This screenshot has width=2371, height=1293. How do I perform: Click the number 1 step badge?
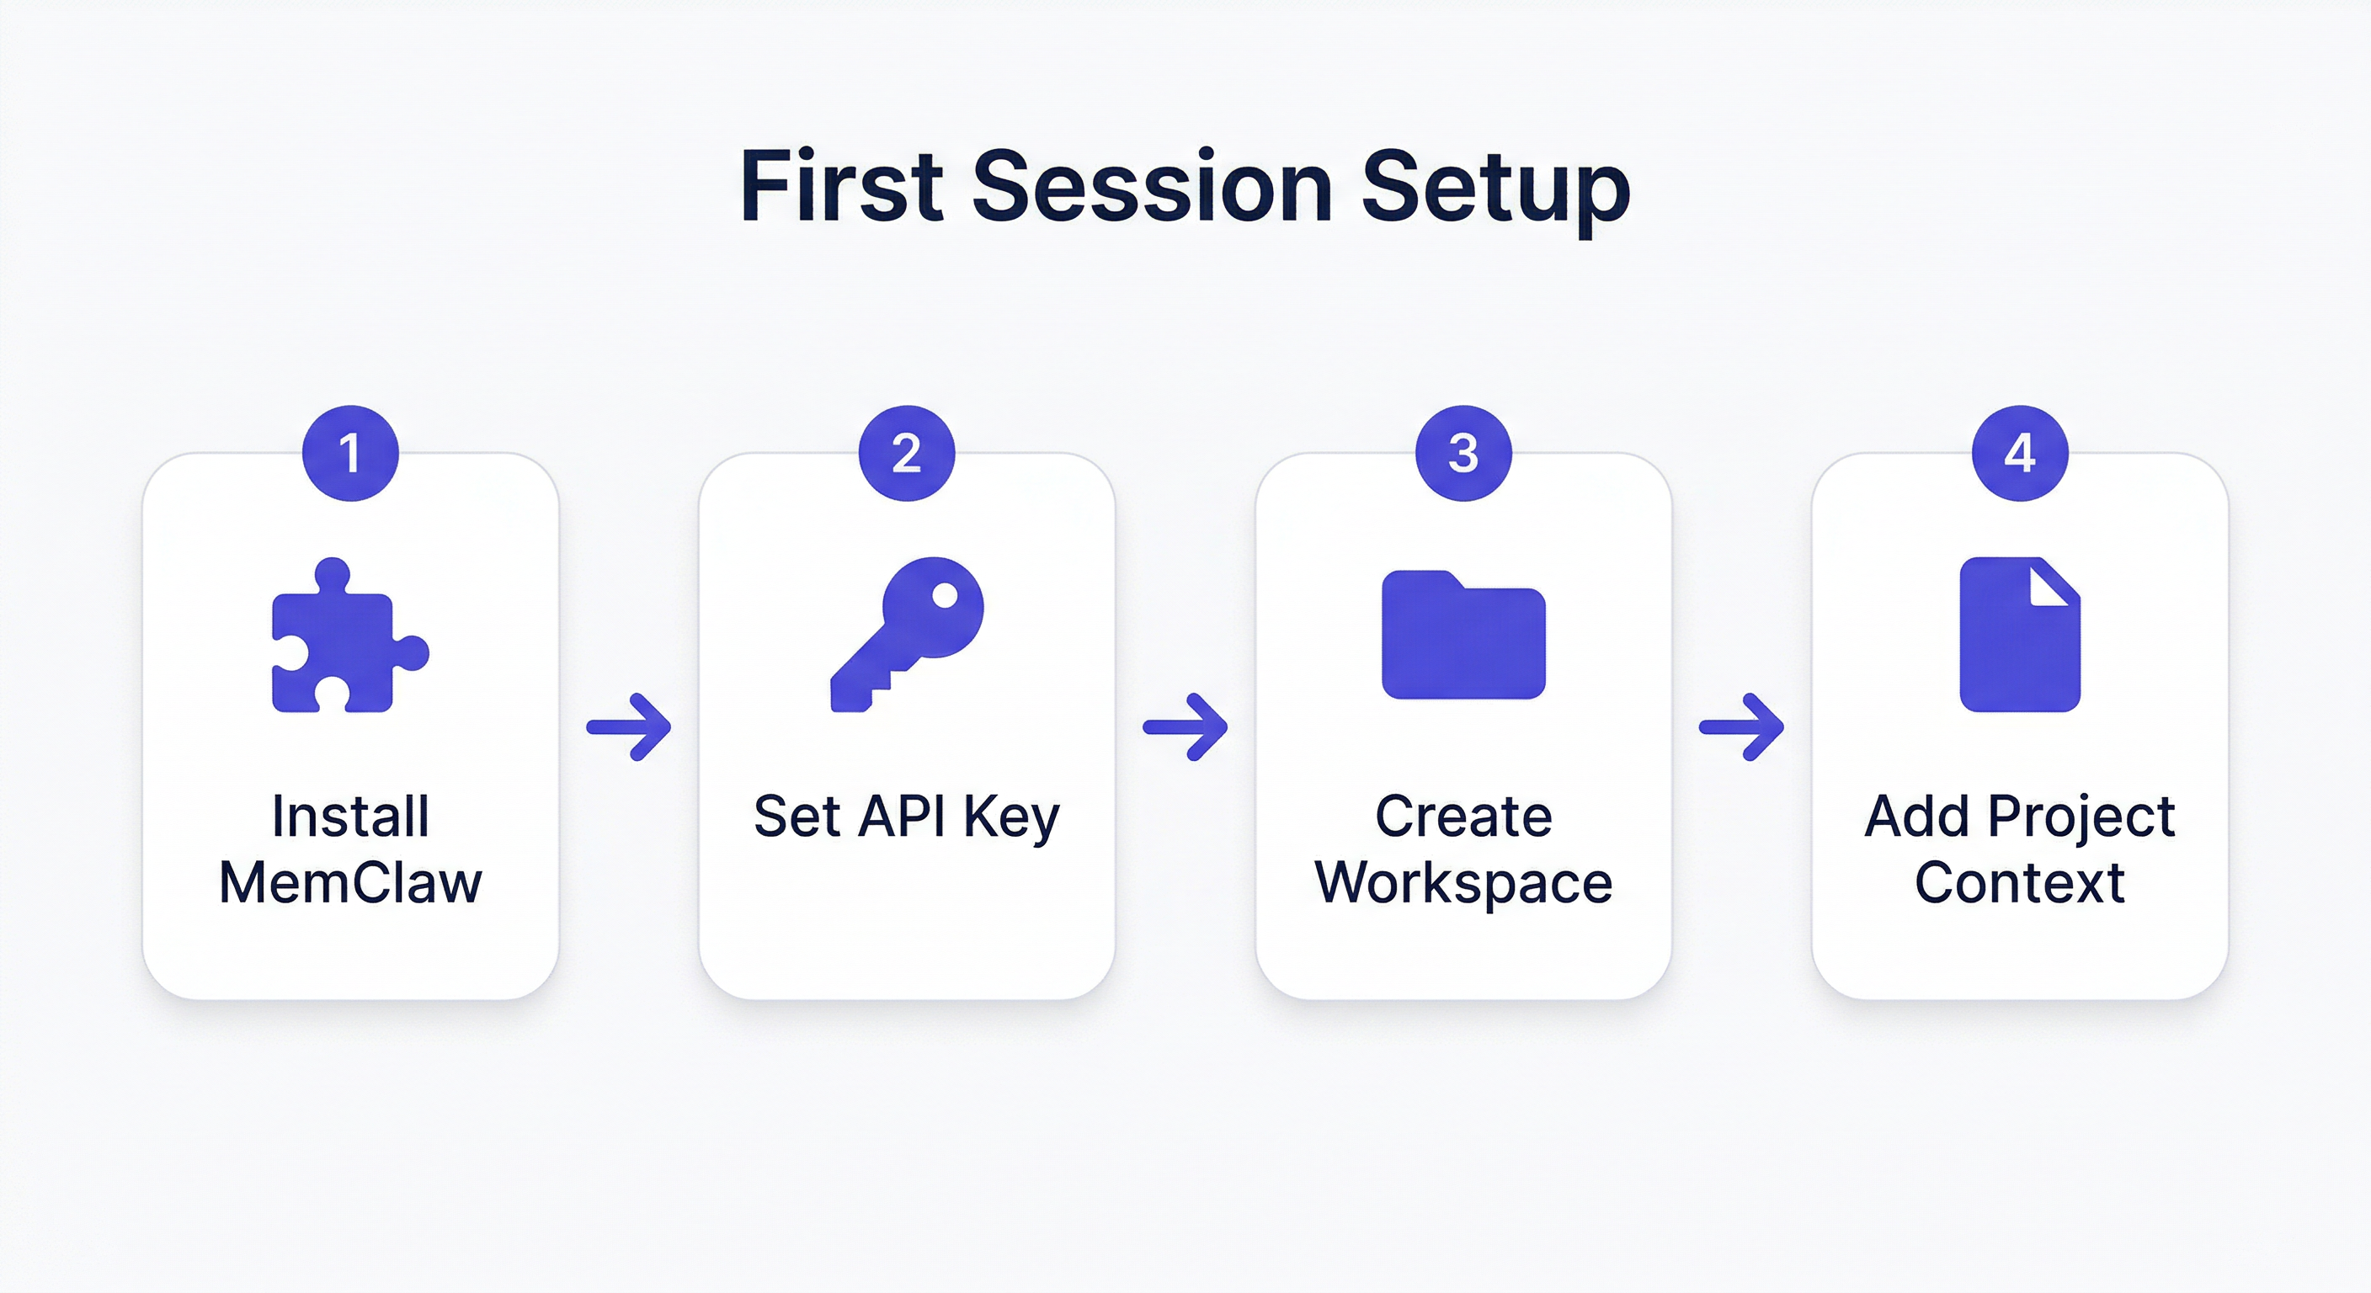(x=349, y=453)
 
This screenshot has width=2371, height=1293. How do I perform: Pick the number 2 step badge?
(x=907, y=453)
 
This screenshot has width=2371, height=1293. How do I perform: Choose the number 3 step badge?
(x=1463, y=453)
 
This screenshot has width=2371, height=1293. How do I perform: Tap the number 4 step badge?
(x=2019, y=453)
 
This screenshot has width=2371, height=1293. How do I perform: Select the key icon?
(x=906, y=634)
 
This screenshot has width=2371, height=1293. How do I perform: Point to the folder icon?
(x=1463, y=635)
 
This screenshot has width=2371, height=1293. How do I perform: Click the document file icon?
(x=2019, y=635)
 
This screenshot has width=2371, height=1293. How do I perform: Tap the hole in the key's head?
(x=945, y=596)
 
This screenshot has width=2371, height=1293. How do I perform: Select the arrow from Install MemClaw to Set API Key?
(x=630, y=727)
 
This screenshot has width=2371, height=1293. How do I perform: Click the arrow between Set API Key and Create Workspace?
(x=1185, y=727)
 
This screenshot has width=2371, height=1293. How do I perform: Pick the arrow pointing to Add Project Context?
(x=1741, y=727)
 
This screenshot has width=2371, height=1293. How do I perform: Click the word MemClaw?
(x=349, y=882)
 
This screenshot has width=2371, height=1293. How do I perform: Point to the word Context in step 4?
(x=2019, y=882)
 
